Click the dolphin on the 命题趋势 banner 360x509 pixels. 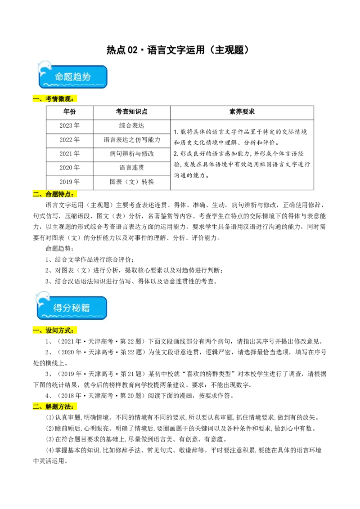(x=44, y=68)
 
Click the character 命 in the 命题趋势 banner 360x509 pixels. (x=59, y=77)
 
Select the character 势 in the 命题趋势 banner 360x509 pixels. (x=86, y=77)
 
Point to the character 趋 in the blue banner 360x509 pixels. (x=77, y=77)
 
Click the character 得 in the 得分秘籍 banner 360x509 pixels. (x=58, y=308)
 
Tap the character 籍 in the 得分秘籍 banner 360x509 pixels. (x=85, y=308)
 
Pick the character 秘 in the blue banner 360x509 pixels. (x=76, y=308)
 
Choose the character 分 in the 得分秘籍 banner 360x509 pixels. (x=67, y=308)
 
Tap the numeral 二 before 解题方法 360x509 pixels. (x=36, y=406)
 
